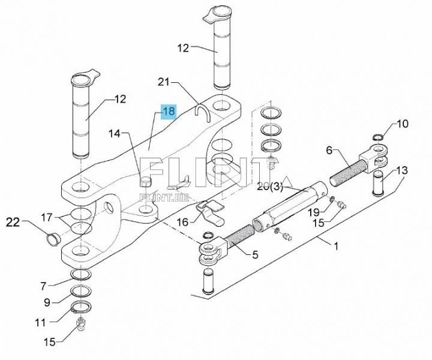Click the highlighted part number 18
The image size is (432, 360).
tap(168, 111)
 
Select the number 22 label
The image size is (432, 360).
tap(13, 223)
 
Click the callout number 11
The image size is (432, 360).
tap(40, 323)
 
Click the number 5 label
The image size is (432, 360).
tap(255, 254)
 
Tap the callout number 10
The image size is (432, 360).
tap(402, 124)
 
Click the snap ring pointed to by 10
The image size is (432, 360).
tap(377, 137)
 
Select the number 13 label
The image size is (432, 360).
tap(401, 171)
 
